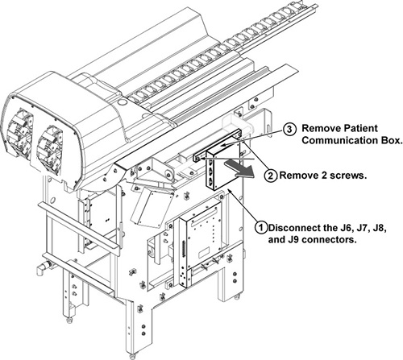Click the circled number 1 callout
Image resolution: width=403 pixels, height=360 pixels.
click(x=261, y=228)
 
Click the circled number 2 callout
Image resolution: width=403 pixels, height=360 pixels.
click(x=271, y=176)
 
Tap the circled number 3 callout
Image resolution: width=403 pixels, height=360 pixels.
click(x=289, y=129)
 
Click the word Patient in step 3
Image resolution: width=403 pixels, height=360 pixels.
click(x=359, y=128)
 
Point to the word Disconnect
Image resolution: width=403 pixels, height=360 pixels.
click(x=293, y=228)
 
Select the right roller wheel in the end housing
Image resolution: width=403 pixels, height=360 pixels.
click(x=50, y=147)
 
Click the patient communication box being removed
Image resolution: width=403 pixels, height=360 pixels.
click(x=222, y=166)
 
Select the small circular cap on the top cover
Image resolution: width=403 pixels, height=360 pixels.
click(x=122, y=102)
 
